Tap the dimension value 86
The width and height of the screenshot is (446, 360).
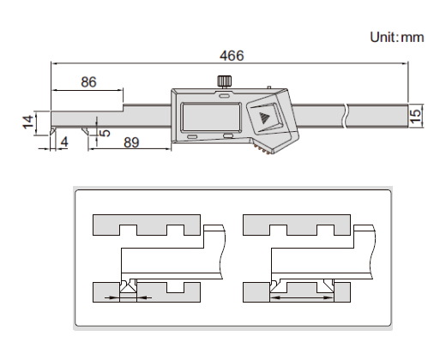(88, 82)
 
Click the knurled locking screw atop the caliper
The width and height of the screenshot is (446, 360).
(224, 82)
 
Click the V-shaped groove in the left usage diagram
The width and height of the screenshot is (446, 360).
(127, 286)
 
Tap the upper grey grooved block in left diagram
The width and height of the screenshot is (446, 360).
(145, 225)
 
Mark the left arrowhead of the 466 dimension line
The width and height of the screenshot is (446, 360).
(54, 64)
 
